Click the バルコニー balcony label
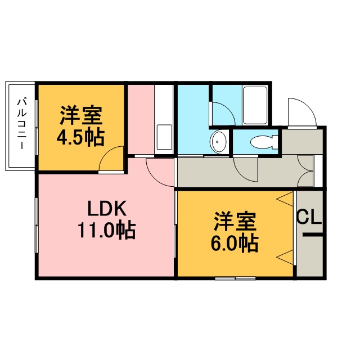[x=22, y=124]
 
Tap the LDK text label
[x=107, y=209]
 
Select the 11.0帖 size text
[x=106, y=230]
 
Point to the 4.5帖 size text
[x=80, y=137]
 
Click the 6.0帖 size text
[x=235, y=243]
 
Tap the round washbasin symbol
[x=218, y=142]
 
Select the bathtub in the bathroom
[x=255, y=105]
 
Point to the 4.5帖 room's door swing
[x=111, y=159]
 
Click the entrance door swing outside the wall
[x=302, y=112]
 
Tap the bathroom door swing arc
[x=223, y=114]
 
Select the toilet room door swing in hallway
[x=246, y=169]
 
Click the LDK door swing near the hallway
[x=160, y=172]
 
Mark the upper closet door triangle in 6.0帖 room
[x=286, y=199]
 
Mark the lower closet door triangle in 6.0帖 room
[x=286, y=258]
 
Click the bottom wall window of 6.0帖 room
[x=235, y=278]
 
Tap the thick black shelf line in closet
[x=313, y=235]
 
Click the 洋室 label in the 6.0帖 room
[x=235, y=221]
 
